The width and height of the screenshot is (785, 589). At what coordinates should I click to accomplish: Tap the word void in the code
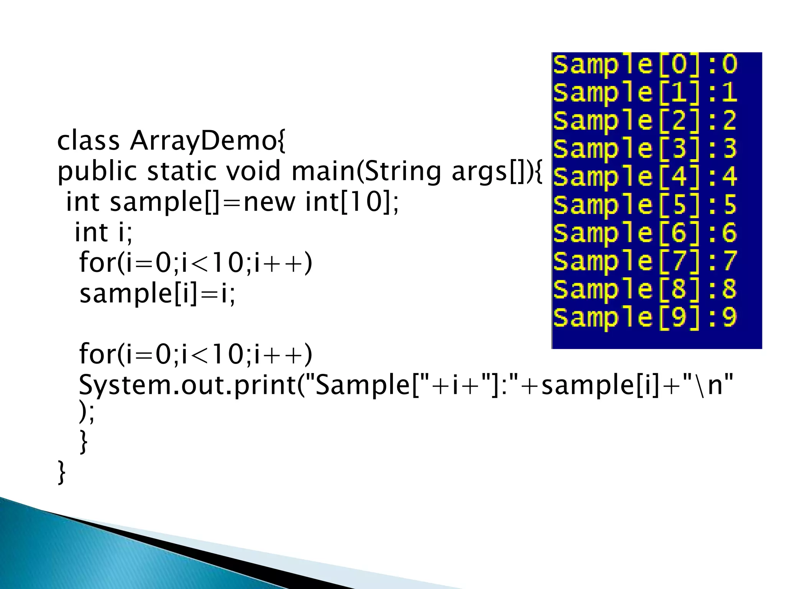[253, 171]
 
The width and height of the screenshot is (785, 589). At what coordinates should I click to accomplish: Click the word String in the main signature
[401, 172]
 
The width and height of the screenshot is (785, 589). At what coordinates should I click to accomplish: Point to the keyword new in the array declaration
[269, 202]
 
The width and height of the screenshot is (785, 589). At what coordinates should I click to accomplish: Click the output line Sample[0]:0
[645, 64]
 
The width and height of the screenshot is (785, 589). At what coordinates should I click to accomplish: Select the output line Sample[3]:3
[645, 148]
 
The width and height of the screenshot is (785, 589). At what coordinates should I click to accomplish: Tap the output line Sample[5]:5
[645, 204]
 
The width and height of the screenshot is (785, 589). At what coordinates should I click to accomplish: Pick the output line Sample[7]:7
[645, 261]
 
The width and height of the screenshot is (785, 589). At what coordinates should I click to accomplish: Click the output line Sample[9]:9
[645, 317]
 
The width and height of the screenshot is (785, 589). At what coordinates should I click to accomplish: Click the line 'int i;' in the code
[103, 232]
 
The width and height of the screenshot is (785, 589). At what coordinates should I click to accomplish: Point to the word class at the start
[88, 141]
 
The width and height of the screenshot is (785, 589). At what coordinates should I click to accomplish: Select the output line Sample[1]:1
[645, 92]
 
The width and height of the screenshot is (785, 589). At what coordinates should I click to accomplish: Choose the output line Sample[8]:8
[645, 289]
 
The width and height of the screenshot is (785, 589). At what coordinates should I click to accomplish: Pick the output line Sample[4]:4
[645, 176]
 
